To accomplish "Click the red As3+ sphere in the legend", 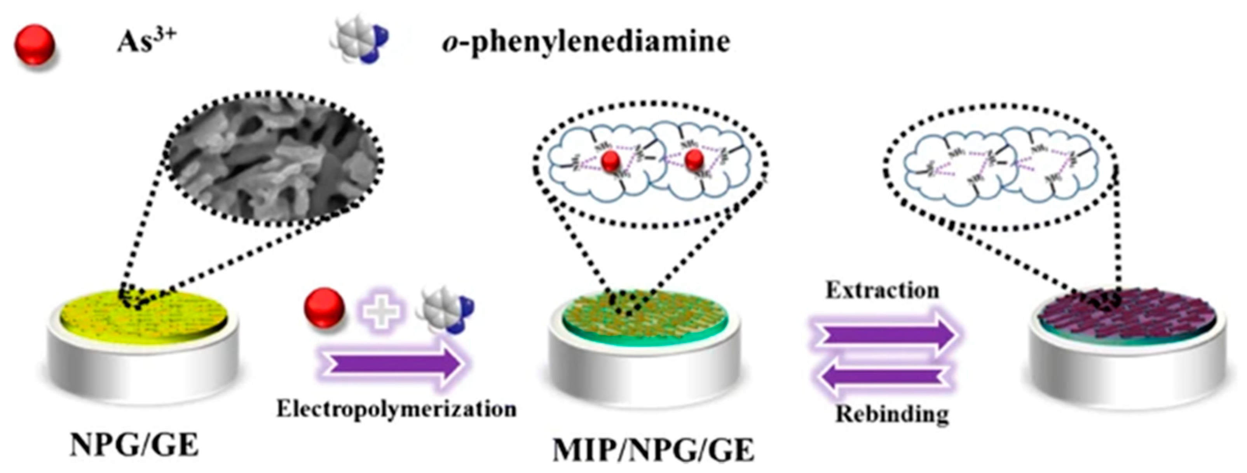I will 34,45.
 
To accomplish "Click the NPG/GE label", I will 134,444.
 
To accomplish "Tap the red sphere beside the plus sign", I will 324,308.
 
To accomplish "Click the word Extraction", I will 882,290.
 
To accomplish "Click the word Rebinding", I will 892,414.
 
